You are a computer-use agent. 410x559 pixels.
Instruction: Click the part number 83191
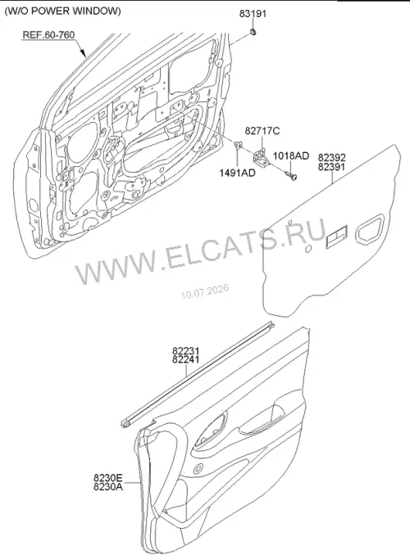coord(253,14)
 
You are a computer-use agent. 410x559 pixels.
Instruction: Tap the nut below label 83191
coord(253,33)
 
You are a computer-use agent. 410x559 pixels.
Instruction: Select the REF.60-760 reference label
coord(48,35)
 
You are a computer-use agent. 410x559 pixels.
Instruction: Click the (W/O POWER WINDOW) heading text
coord(62,11)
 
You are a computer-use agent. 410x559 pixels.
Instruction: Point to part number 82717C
coord(262,131)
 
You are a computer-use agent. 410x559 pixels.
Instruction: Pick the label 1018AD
coord(291,156)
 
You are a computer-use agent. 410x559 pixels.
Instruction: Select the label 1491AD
coord(237,173)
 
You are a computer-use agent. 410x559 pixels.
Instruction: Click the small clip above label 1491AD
coord(238,146)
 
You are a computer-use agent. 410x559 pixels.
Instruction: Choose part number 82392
coord(332,158)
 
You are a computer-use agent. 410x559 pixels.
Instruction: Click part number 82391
coord(332,166)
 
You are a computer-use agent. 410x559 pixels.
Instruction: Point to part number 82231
coord(185,351)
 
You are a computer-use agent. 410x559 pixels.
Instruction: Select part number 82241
coord(185,359)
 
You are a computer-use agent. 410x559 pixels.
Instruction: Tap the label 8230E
coord(108,477)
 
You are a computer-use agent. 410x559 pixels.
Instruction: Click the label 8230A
coord(108,486)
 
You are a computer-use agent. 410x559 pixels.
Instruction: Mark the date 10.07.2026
coord(205,291)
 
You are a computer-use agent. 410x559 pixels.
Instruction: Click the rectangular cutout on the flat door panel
coord(336,237)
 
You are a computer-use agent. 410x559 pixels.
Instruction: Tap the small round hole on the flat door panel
coord(308,249)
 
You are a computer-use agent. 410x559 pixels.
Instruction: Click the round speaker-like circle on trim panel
coord(198,468)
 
